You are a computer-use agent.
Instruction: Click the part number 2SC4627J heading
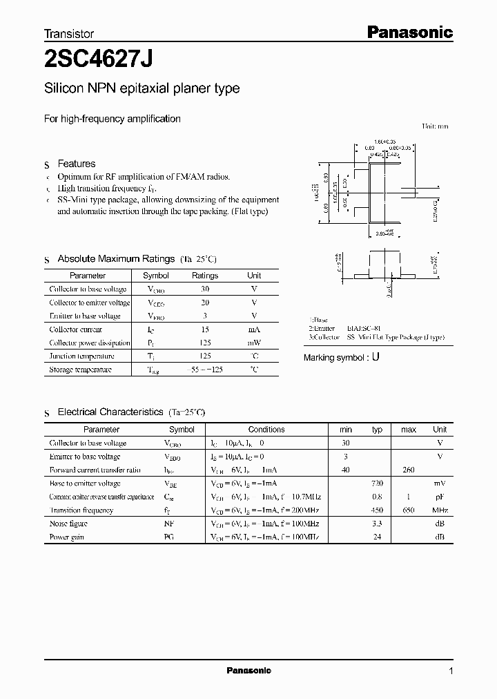pyautogui.click(x=99, y=59)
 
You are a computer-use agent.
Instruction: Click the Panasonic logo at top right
pyautogui.click(x=409, y=31)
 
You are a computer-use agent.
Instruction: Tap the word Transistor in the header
pyautogui.click(x=69, y=33)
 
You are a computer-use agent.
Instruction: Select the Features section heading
pyautogui.click(x=76, y=164)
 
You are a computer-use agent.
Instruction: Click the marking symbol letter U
pyautogui.click(x=376, y=358)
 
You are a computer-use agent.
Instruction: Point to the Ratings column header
pyautogui.click(x=204, y=276)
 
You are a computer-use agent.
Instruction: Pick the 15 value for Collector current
pyautogui.click(x=204, y=329)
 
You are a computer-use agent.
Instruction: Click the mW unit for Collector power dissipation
pyautogui.click(x=254, y=343)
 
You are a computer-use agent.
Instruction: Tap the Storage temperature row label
pyautogui.click(x=80, y=370)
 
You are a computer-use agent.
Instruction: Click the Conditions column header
pyautogui.click(x=266, y=429)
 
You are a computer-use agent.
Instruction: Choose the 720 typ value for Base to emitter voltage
pyautogui.click(x=377, y=483)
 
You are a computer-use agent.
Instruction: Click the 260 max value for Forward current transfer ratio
pyautogui.click(x=409, y=470)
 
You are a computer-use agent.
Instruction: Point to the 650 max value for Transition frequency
pyautogui.click(x=409, y=510)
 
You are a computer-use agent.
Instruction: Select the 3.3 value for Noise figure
pyautogui.click(x=377, y=524)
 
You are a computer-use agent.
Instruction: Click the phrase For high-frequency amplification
pyautogui.click(x=113, y=119)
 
